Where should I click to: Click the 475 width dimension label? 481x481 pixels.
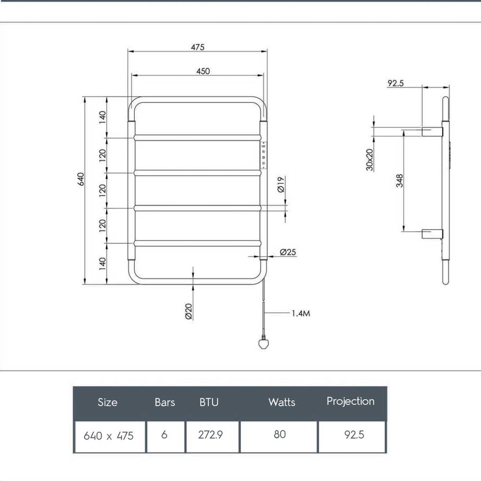(x=197, y=47)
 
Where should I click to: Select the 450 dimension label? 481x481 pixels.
(x=202, y=71)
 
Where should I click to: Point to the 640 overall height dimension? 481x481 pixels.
(x=80, y=179)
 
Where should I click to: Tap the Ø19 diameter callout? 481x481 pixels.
(x=280, y=184)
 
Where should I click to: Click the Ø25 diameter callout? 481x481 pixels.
(x=288, y=252)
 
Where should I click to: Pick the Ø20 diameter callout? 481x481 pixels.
(x=188, y=311)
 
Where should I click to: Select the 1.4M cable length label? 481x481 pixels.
(x=301, y=313)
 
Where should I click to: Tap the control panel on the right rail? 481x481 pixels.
(x=264, y=155)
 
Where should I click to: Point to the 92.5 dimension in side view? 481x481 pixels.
(x=396, y=84)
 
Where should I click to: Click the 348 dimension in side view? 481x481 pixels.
(x=399, y=180)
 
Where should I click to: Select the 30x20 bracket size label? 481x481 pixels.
(x=370, y=160)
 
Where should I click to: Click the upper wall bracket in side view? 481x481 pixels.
(x=432, y=132)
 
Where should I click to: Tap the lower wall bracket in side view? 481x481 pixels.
(x=432, y=233)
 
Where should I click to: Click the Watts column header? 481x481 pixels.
(x=282, y=402)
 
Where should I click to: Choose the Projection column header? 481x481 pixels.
(x=350, y=401)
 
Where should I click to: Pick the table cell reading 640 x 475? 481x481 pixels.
(x=109, y=436)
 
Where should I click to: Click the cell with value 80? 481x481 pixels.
(x=279, y=435)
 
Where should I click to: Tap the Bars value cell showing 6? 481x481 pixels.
(x=164, y=435)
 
